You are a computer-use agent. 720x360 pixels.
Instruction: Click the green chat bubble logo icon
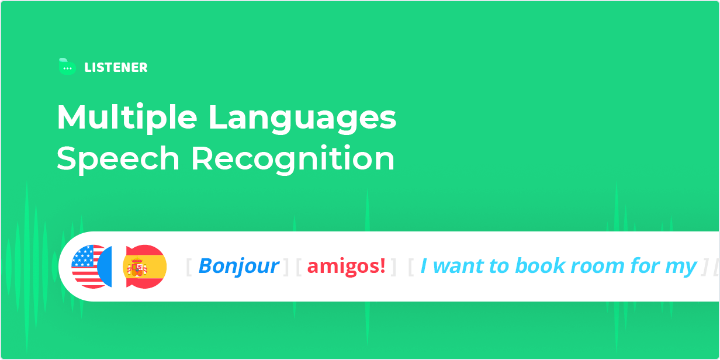click(67, 67)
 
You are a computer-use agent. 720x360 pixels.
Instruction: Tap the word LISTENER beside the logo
click(116, 68)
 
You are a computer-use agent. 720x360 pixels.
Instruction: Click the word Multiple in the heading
click(127, 118)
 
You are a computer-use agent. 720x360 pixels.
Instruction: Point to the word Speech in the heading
click(118, 159)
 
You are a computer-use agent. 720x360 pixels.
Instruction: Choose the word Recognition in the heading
click(293, 159)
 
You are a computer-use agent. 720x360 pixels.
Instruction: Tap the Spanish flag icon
click(145, 266)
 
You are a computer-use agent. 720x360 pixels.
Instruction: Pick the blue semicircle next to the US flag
click(105, 266)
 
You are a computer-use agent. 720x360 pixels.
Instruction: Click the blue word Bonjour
click(239, 266)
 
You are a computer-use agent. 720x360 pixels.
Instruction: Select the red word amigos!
click(346, 266)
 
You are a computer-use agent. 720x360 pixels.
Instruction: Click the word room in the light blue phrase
click(597, 266)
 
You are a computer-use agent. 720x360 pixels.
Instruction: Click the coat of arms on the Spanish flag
click(137, 266)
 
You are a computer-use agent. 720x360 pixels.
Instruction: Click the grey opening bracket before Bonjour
click(189, 266)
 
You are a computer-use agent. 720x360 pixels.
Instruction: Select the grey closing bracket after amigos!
click(393, 266)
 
